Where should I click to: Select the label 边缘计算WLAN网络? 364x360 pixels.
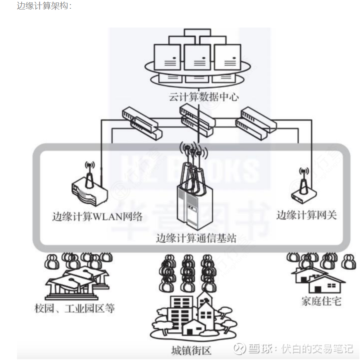point(97,216)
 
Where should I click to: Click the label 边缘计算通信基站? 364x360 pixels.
point(196,239)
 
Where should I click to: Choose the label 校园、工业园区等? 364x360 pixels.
point(75,309)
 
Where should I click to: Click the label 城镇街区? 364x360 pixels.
point(191,351)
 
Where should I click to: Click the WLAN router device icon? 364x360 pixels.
point(90,191)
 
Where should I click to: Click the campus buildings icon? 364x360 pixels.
point(77,282)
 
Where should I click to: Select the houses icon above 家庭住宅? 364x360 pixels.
point(318,280)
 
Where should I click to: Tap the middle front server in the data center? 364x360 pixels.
point(197,58)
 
